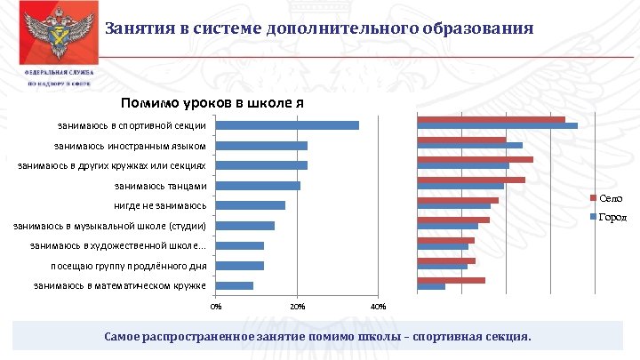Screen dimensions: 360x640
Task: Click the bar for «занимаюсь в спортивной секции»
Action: [287, 125]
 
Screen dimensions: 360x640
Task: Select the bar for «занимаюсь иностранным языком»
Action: [261, 146]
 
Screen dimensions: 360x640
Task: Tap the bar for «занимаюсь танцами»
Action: [258, 186]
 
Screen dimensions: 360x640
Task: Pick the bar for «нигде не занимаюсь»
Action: [251, 205]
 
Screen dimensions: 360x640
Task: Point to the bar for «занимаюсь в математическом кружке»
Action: [235, 285]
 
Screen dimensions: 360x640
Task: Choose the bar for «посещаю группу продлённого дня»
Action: [240, 266]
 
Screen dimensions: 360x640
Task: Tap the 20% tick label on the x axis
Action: [297, 307]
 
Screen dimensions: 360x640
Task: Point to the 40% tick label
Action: [377, 307]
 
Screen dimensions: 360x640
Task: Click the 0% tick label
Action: [215, 307]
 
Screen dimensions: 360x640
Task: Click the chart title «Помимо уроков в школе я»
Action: [212, 102]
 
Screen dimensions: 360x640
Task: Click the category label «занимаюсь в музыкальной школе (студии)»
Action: [110, 226]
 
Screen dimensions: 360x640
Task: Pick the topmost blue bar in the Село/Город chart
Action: [498, 125]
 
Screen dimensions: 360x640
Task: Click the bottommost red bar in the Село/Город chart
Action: [452, 280]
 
